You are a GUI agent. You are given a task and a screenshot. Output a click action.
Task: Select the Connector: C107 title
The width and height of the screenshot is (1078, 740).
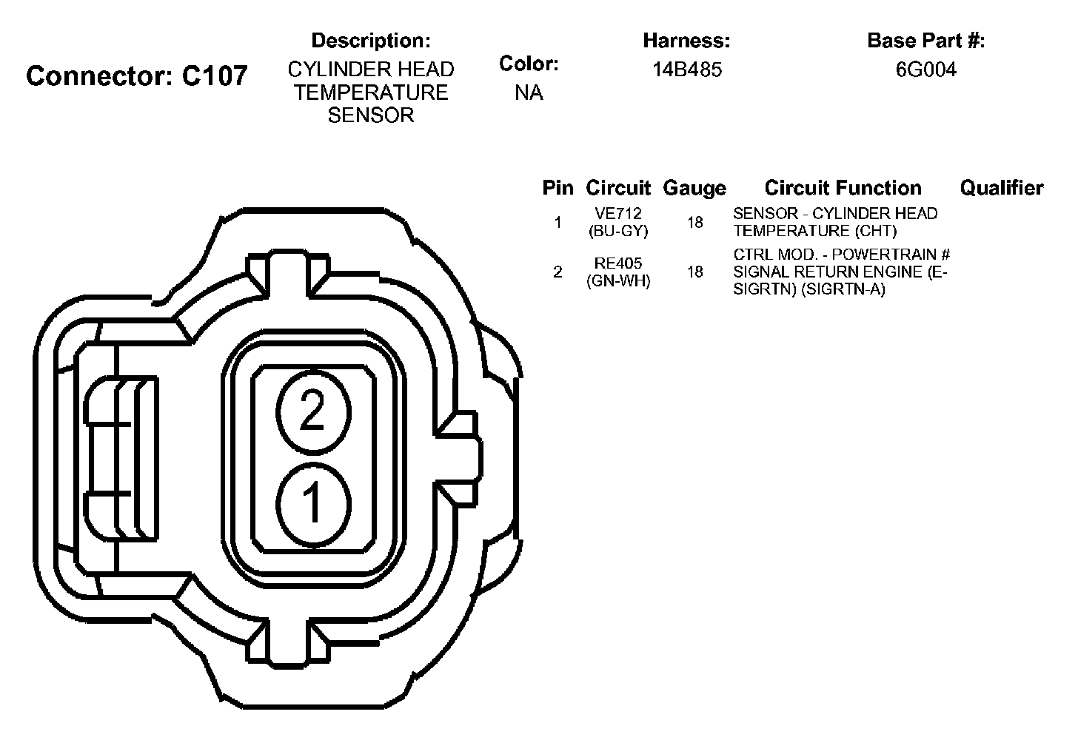137,76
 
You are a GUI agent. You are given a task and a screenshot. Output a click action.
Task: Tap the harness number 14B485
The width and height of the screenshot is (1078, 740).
687,70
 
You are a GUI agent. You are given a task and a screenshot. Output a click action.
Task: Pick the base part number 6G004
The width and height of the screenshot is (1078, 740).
926,70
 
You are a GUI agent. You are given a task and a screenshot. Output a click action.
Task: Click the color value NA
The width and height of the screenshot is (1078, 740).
529,92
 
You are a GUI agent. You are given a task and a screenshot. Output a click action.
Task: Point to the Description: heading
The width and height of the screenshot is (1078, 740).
371,41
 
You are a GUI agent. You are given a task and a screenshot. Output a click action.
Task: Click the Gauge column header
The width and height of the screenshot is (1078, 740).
694,188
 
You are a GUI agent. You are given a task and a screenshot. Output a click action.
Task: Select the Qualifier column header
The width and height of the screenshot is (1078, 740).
1002,188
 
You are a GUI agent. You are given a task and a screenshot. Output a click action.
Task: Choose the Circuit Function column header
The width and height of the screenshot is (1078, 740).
843,188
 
